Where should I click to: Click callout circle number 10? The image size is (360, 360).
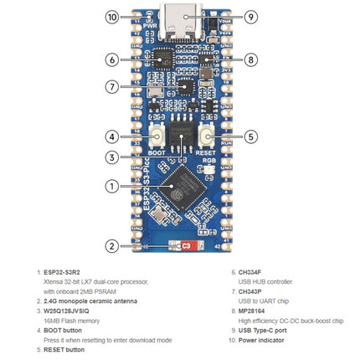tap(113, 16)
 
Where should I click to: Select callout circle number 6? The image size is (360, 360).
tap(113, 59)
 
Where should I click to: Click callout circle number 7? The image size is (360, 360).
tap(113, 86)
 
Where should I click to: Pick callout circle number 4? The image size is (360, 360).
tap(113, 136)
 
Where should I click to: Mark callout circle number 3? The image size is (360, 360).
tap(113, 157)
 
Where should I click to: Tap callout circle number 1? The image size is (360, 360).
tap(113, 186)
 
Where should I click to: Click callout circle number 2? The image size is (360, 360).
tap(113, 246)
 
